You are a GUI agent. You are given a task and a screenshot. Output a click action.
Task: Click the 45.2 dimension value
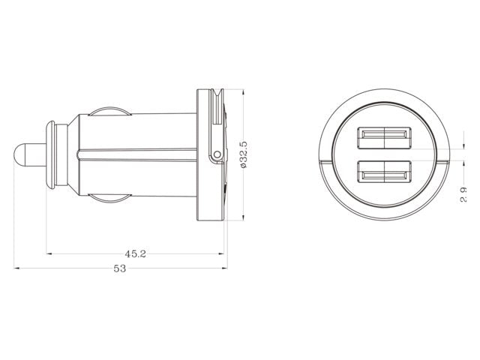[x=136, y=253]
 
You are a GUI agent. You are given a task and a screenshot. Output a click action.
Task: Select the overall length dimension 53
[x=119, y=268]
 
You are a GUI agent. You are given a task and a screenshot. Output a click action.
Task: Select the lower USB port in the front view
[x=384, y=174]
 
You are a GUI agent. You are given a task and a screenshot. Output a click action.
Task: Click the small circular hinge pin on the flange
[x=217, y=155]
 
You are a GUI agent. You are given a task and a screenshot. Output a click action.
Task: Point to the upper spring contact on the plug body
[x=108, y=110]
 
